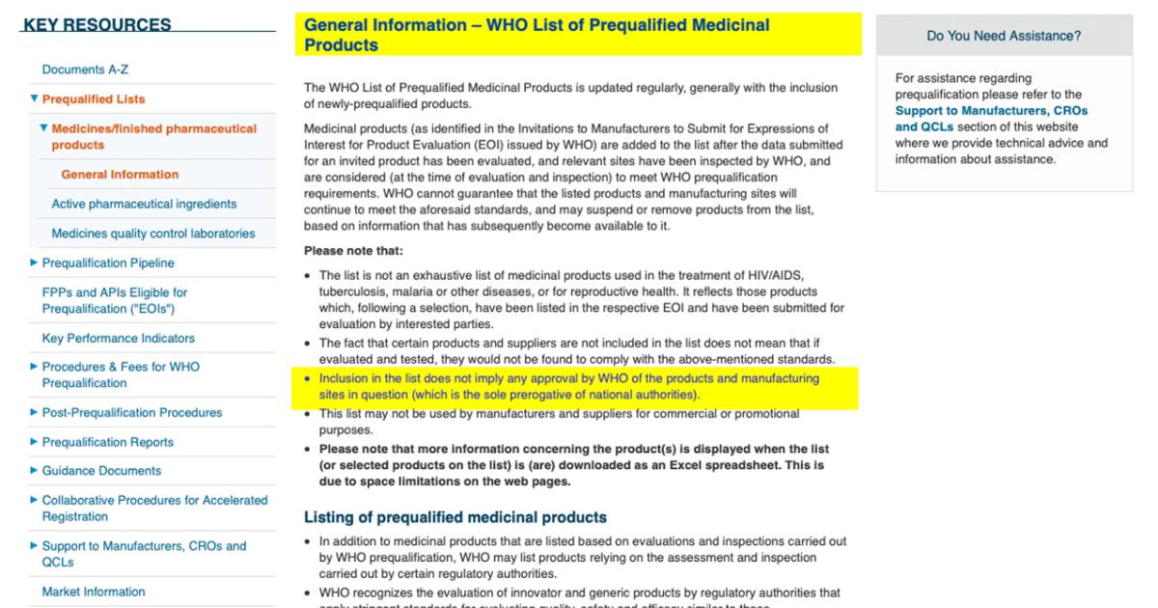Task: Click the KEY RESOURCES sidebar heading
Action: (96, 25)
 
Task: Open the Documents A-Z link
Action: (86, 69)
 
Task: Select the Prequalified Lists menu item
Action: (94, 99)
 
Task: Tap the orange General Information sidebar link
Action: (120, 175)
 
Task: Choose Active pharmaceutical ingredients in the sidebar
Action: (144, 204)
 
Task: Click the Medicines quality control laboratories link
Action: (153, 234)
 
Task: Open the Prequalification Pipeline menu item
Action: (108, 263)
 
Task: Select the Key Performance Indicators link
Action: (118, 339)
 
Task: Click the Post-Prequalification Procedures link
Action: (132, 413)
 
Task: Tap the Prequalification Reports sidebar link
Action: (108, 442)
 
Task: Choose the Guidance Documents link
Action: (101, 471)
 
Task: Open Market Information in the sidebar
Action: (94, 592)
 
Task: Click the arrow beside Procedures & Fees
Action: (35, 367)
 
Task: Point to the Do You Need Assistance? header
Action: (1004, 36)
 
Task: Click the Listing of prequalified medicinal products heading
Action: (455, 517)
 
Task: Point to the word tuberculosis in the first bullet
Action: (353, 291)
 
